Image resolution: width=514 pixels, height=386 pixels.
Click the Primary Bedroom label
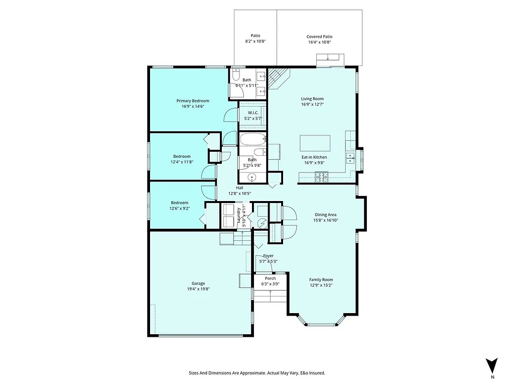click(x=193, y=101)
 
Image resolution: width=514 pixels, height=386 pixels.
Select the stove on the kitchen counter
click(x=320, y=176)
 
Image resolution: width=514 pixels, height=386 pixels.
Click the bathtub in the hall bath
click(x=253, y=139)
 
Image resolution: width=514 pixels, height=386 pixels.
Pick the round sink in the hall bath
click(x=252, y=177)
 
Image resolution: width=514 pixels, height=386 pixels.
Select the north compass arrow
click(x=492, y=365)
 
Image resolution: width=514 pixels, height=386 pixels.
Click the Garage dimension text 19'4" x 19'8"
click(x=198, y=289)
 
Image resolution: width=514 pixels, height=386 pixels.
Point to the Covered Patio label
click(x=319, y=36)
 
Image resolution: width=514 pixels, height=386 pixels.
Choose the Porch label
click(x=270, y=278)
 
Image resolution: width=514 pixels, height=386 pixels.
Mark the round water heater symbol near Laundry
click(x=261, y=223)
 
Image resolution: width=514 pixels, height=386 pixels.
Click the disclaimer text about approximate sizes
click(x=256, y=373)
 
